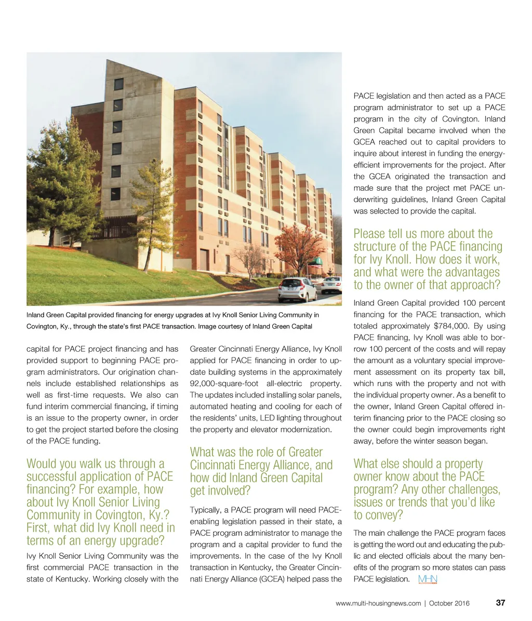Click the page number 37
coord(501,603)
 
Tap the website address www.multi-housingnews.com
coord(378,603)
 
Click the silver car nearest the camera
coord(297,289)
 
